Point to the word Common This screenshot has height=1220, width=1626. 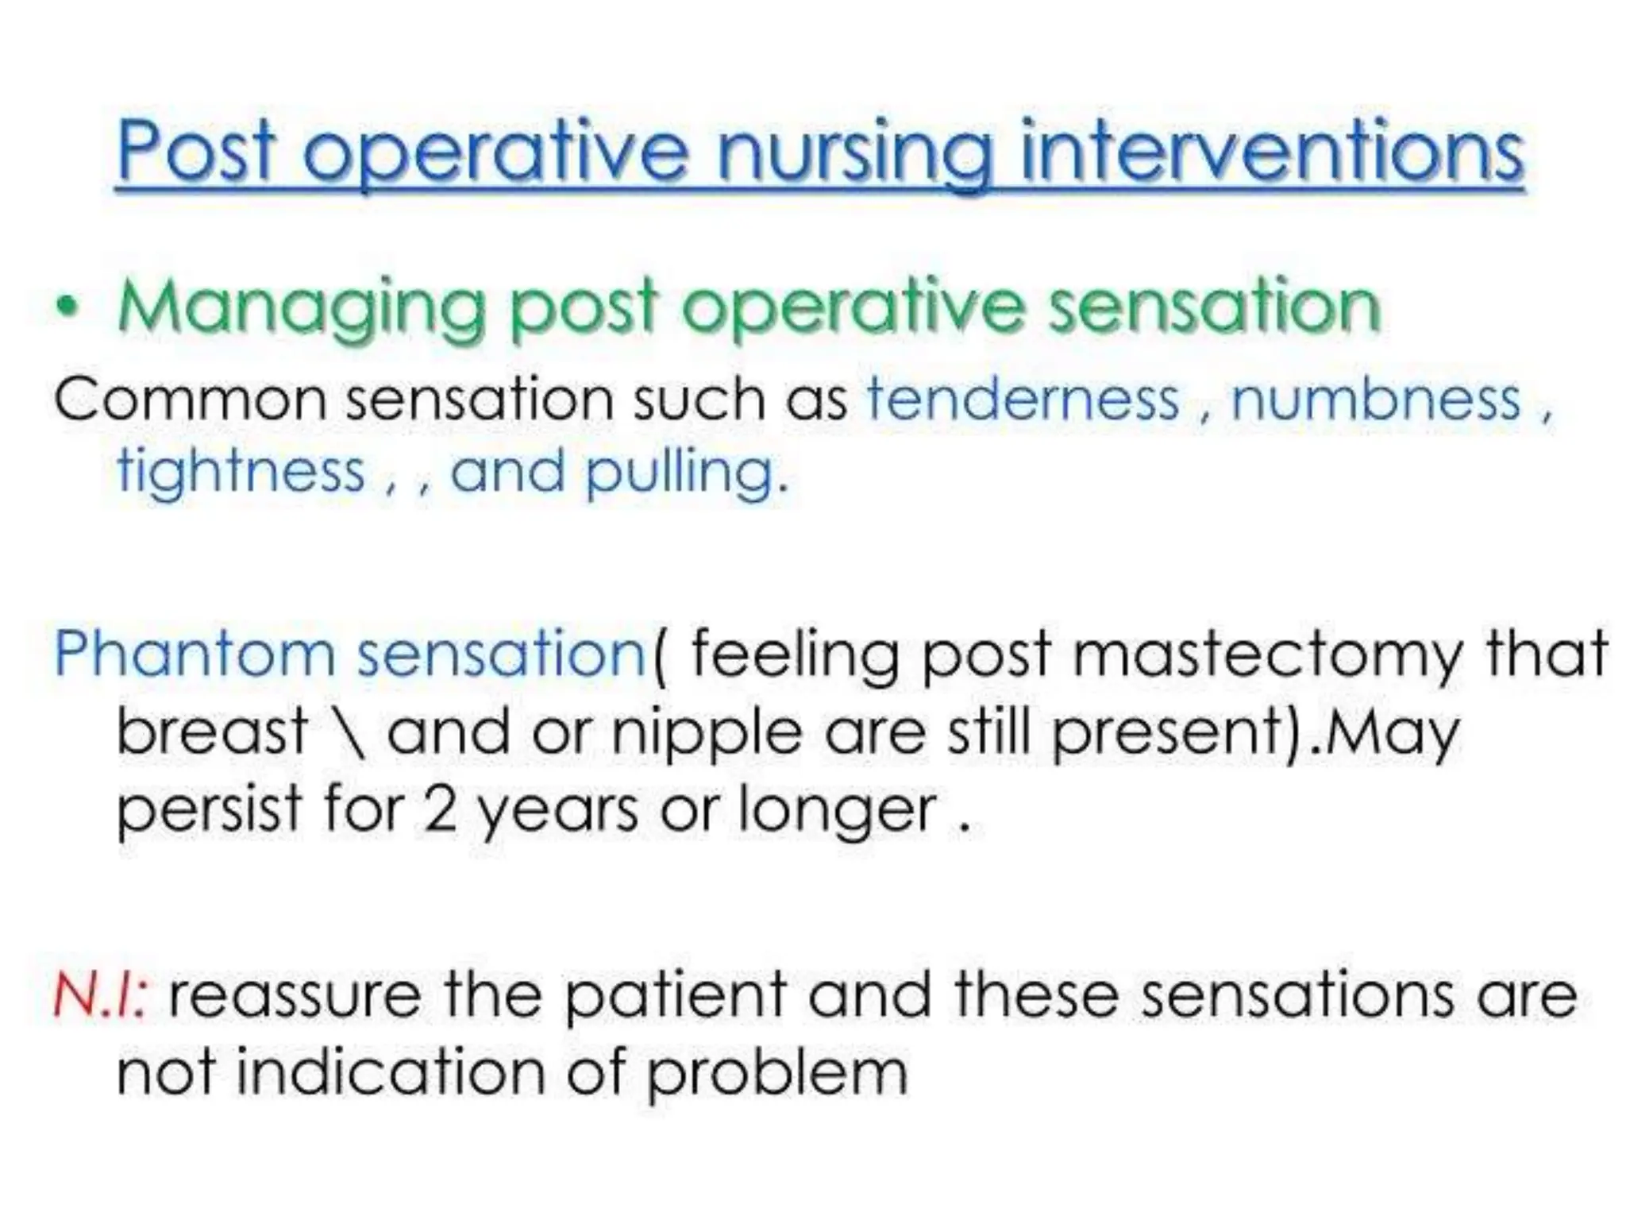point(191,400)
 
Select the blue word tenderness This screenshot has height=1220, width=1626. point(1023,399)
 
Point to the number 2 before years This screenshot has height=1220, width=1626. point(441,811)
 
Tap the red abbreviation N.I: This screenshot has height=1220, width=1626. point(99,996)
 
